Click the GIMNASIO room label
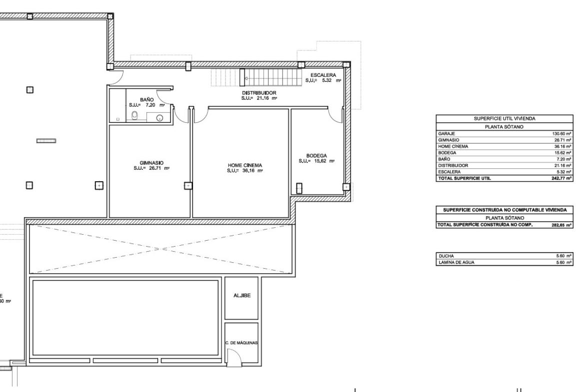(x=151, y=163)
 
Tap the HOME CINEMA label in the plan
(x=244, y=165)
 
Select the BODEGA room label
(x=316, y=156)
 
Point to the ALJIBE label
(x=242, y=296)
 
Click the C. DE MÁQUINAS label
(x=241, y=343)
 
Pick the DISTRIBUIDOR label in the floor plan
(x=259, y=93)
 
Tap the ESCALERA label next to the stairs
(x=323, y=75)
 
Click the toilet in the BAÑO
(x=134, y=117)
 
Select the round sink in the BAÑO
(x=159, y=118)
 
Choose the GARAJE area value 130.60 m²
(x=562, y=134)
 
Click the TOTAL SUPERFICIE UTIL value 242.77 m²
(x=562, y=178)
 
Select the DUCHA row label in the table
(x=446, y=256)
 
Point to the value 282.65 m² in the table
(x=562, y=225)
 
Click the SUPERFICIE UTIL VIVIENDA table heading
(x=504, y=119)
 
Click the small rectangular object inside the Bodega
(x=299, y=188)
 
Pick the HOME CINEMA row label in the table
(x=453, y=146)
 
